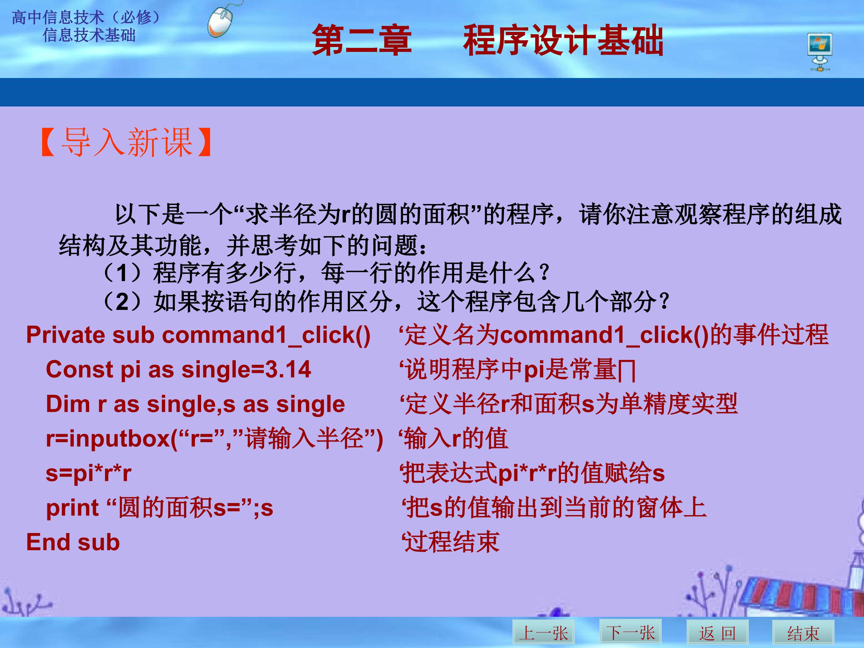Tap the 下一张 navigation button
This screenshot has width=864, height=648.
tap(630, 631)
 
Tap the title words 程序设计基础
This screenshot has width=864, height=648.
tap(563, 40)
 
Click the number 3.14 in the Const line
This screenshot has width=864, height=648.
tap(288, 370)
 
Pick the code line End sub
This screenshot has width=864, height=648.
tap(73, 542)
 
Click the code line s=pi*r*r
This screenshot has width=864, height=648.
tap(89, 473)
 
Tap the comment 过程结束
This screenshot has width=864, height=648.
tap(451, 542)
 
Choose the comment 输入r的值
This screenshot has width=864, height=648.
tap(454, 438)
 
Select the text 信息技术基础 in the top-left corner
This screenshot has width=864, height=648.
tap(89, 35)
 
